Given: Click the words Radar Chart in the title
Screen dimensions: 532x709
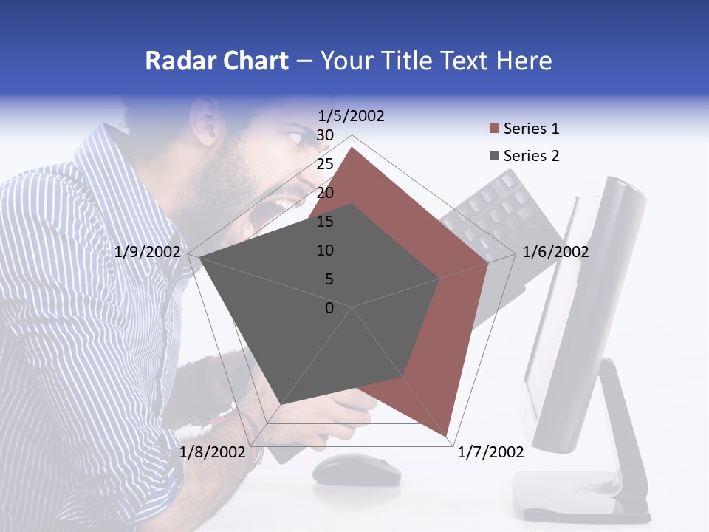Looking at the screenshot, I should point(216,61).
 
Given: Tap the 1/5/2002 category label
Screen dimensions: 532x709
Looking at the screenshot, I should point(351,115).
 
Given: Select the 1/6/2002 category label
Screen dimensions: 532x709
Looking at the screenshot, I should point(555,252).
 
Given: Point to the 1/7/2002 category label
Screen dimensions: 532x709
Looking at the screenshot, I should point(490,452).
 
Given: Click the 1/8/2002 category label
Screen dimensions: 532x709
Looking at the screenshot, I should point(212,452).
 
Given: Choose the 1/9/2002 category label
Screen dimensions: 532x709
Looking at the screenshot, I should point(148,252).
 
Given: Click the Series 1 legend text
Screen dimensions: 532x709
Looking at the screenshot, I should point(531,129).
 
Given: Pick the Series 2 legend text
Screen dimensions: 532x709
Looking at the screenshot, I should point(531,156).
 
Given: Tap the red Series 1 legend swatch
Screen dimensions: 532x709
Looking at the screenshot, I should point(494,129).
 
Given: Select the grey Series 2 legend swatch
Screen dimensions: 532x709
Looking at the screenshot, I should point(494,157).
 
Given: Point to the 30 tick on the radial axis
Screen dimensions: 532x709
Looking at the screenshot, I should point(325,135).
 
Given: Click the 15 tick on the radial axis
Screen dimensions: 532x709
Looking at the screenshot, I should point(325,222).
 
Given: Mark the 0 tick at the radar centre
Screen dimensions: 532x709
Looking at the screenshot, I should point(329,308).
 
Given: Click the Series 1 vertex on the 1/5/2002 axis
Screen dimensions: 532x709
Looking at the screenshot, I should point(352,148).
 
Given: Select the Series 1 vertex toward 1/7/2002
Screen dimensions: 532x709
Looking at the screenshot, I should point(446,435).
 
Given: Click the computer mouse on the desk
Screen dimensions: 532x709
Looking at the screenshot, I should point(356,468).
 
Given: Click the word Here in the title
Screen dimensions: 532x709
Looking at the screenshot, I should point(524,61).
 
